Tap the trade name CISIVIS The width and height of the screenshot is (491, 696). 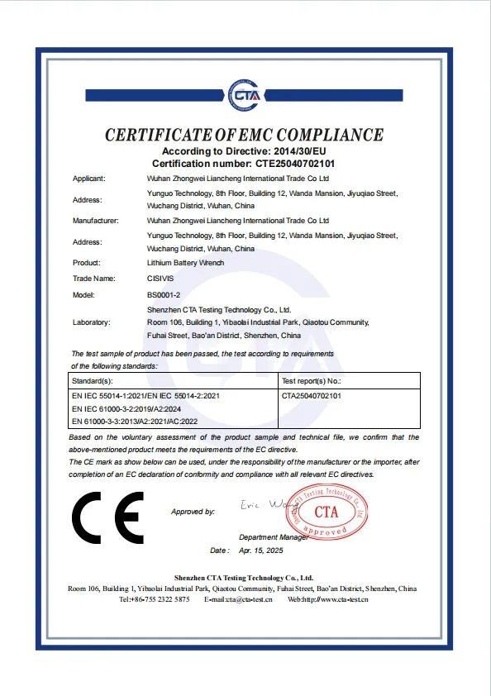[160, 279]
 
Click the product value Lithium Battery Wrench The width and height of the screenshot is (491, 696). [185, 263]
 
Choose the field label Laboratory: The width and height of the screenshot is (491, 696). [92, 322]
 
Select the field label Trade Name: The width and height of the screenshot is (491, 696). [93, 279]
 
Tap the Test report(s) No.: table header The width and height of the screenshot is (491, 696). [311, 382]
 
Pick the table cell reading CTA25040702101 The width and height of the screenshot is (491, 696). [312, 397]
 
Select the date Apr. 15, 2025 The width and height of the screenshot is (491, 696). [260, 550]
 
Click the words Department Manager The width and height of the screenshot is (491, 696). [274, 536]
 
